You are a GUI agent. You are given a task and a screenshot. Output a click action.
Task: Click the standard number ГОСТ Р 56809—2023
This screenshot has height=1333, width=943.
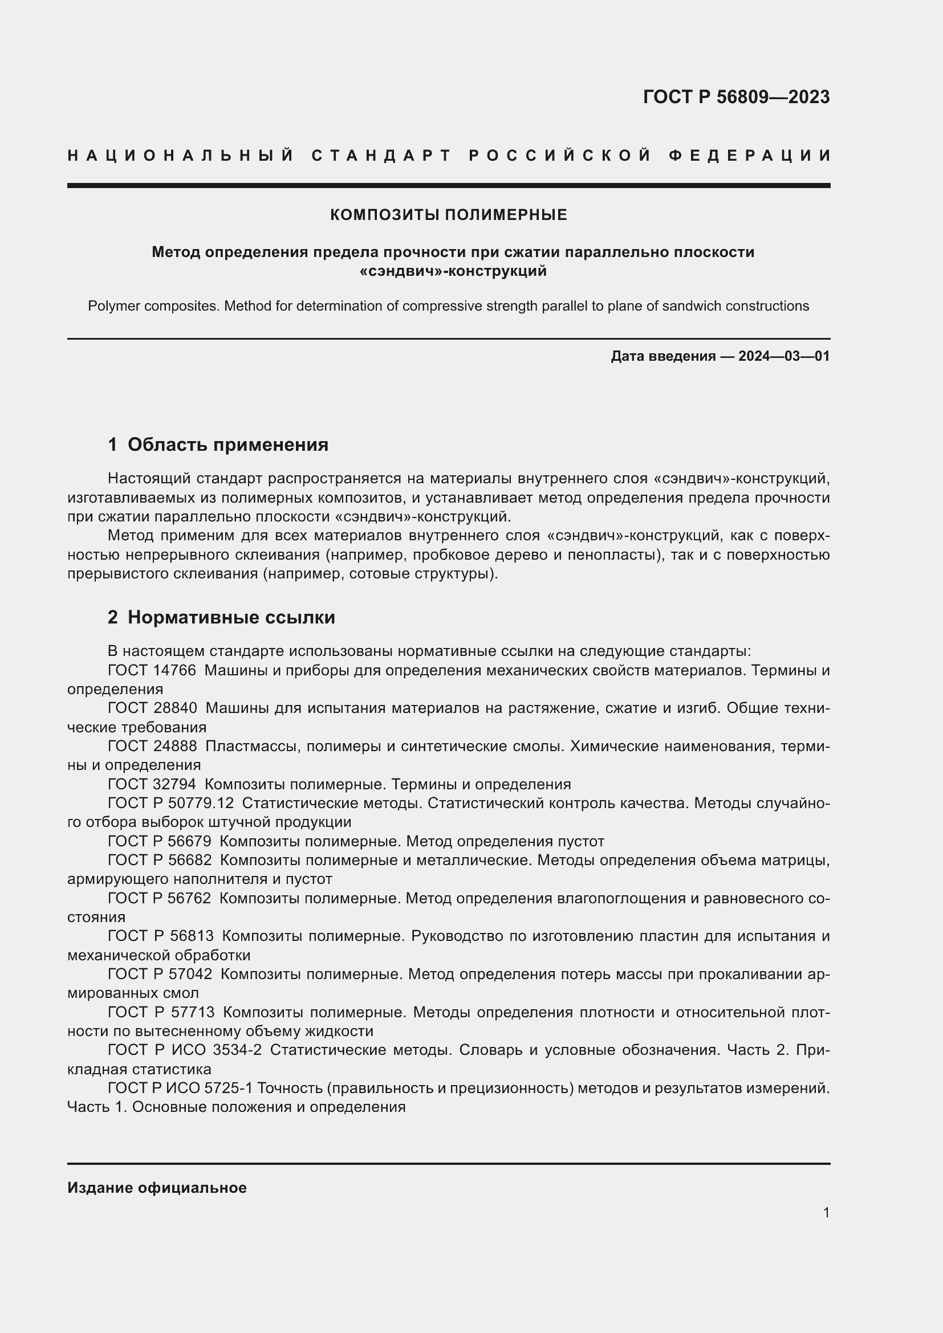pos(735,97)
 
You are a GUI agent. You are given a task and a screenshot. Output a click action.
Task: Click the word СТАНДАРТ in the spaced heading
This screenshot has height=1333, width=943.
pos(381,156)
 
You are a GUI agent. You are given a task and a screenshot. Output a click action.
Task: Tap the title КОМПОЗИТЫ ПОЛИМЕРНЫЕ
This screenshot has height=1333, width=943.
pos(448,215)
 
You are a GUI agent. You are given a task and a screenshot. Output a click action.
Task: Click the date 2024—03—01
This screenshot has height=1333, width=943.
pos(783,356)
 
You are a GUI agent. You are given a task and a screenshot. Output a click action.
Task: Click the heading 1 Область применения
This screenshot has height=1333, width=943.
pos(218,445)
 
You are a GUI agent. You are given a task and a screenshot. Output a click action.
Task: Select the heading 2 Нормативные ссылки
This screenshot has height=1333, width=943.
pos(221,617)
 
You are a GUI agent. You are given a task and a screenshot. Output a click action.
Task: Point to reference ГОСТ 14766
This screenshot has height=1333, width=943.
pos(152,671)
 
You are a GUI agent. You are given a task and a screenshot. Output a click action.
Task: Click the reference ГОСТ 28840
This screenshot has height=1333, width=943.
pos(152,708)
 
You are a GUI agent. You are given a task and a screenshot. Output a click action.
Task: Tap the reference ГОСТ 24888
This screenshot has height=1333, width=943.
pos(152,746)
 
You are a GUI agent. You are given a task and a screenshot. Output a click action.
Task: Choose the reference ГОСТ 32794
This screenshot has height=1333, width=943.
pos(152,784)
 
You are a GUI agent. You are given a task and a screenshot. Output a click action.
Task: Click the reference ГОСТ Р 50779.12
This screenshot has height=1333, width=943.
pos(170,804)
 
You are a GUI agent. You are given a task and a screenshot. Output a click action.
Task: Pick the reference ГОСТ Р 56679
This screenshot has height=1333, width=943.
pos(160,841)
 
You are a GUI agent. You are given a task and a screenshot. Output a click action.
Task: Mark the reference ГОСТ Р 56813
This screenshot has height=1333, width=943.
pos(161,936)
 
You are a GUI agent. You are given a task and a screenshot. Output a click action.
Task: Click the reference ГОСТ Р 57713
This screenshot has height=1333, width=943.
pos(161,1012)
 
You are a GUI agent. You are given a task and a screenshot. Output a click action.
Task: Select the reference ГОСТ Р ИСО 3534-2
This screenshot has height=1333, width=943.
pos(185,1050)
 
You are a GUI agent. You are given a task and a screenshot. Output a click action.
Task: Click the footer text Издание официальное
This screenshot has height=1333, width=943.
pos(157,1188)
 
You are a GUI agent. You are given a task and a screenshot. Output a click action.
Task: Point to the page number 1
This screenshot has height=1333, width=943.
pos(826,1212)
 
